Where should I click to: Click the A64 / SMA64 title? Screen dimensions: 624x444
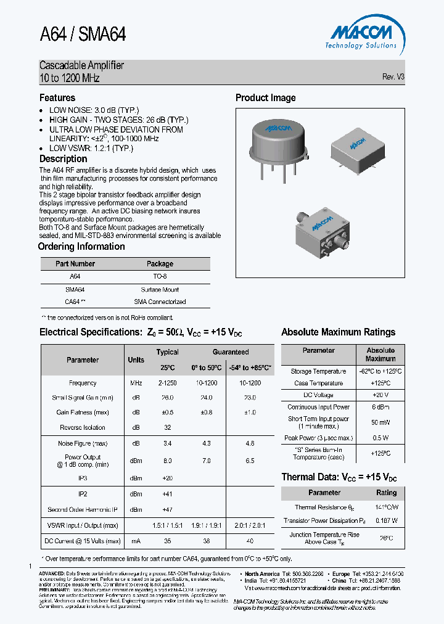[83, 35]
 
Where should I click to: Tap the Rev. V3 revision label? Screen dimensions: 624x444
[393, 77]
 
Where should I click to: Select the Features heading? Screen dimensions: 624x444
[57, 98]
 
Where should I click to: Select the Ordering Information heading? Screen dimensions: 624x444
[81, 247]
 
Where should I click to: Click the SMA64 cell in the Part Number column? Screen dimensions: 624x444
[75, 289]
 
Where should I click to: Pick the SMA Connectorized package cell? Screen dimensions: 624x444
[160, 302]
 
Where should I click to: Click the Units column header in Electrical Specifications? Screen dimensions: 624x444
[136, 360]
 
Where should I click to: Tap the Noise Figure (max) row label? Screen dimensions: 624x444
[83, 443]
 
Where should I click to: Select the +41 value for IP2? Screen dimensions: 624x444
[167, 494]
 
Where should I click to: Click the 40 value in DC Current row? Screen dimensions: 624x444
[249, 541]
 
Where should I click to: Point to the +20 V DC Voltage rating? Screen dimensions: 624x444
[380, 395]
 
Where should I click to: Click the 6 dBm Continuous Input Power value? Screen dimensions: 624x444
[380, 407]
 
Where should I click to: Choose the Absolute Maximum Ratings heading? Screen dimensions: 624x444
[338, 332]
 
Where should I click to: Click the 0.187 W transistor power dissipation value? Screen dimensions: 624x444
[386, 520]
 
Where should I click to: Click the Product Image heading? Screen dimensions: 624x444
[265, 98]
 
